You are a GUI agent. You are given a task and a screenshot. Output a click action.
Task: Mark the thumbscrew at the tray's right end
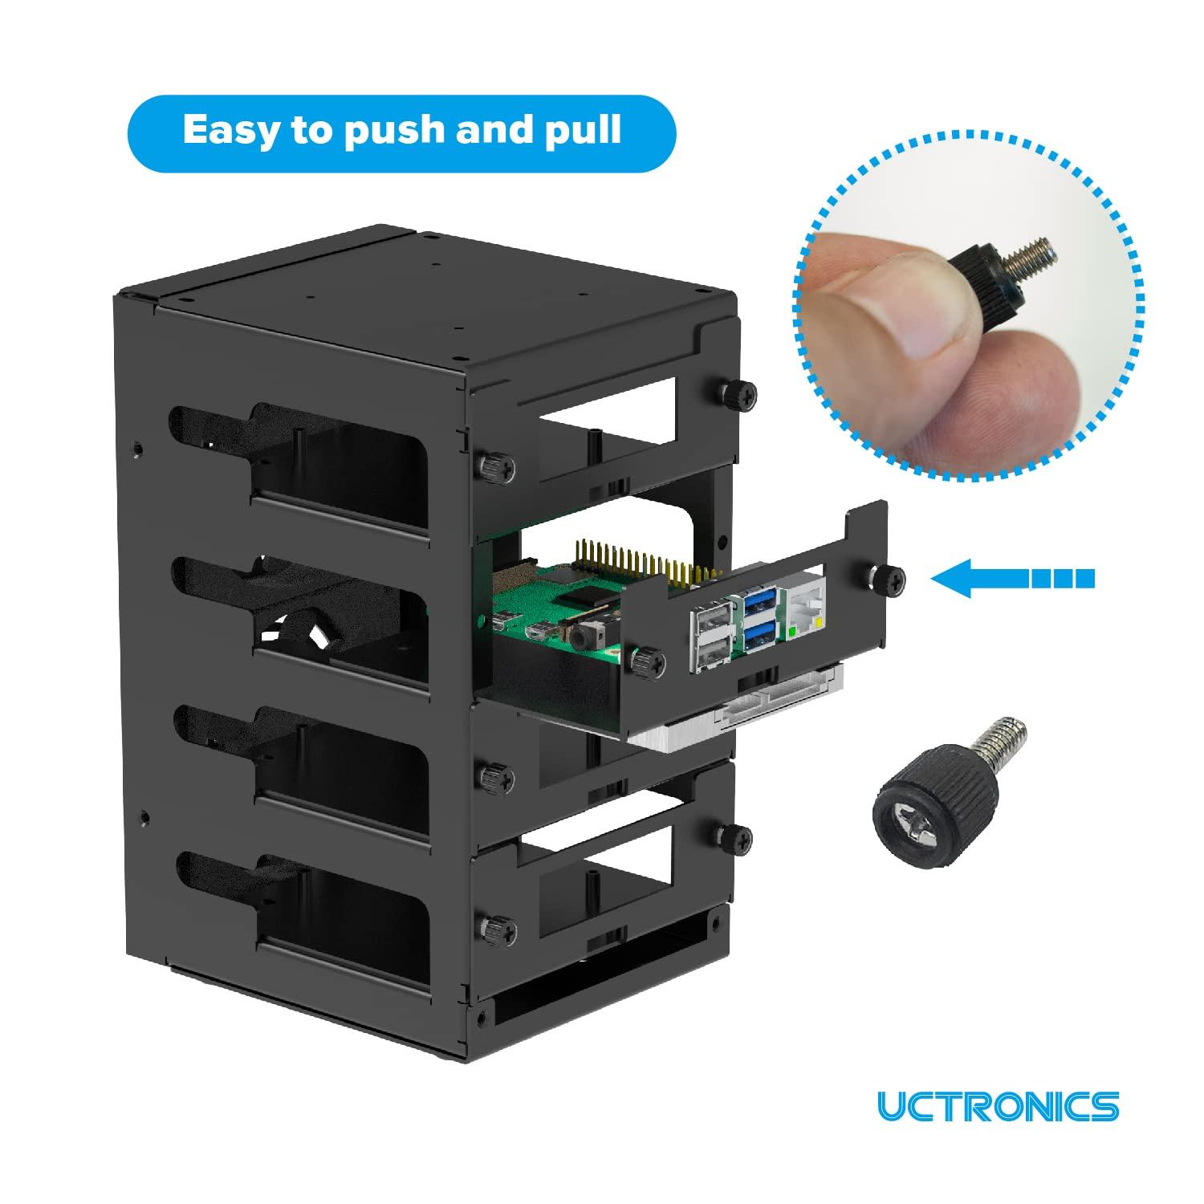pos(889,576)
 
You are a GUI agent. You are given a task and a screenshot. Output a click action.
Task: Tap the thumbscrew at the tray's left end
pos(647,660)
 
